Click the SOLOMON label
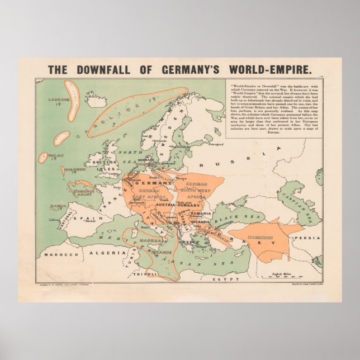(74, 169)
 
